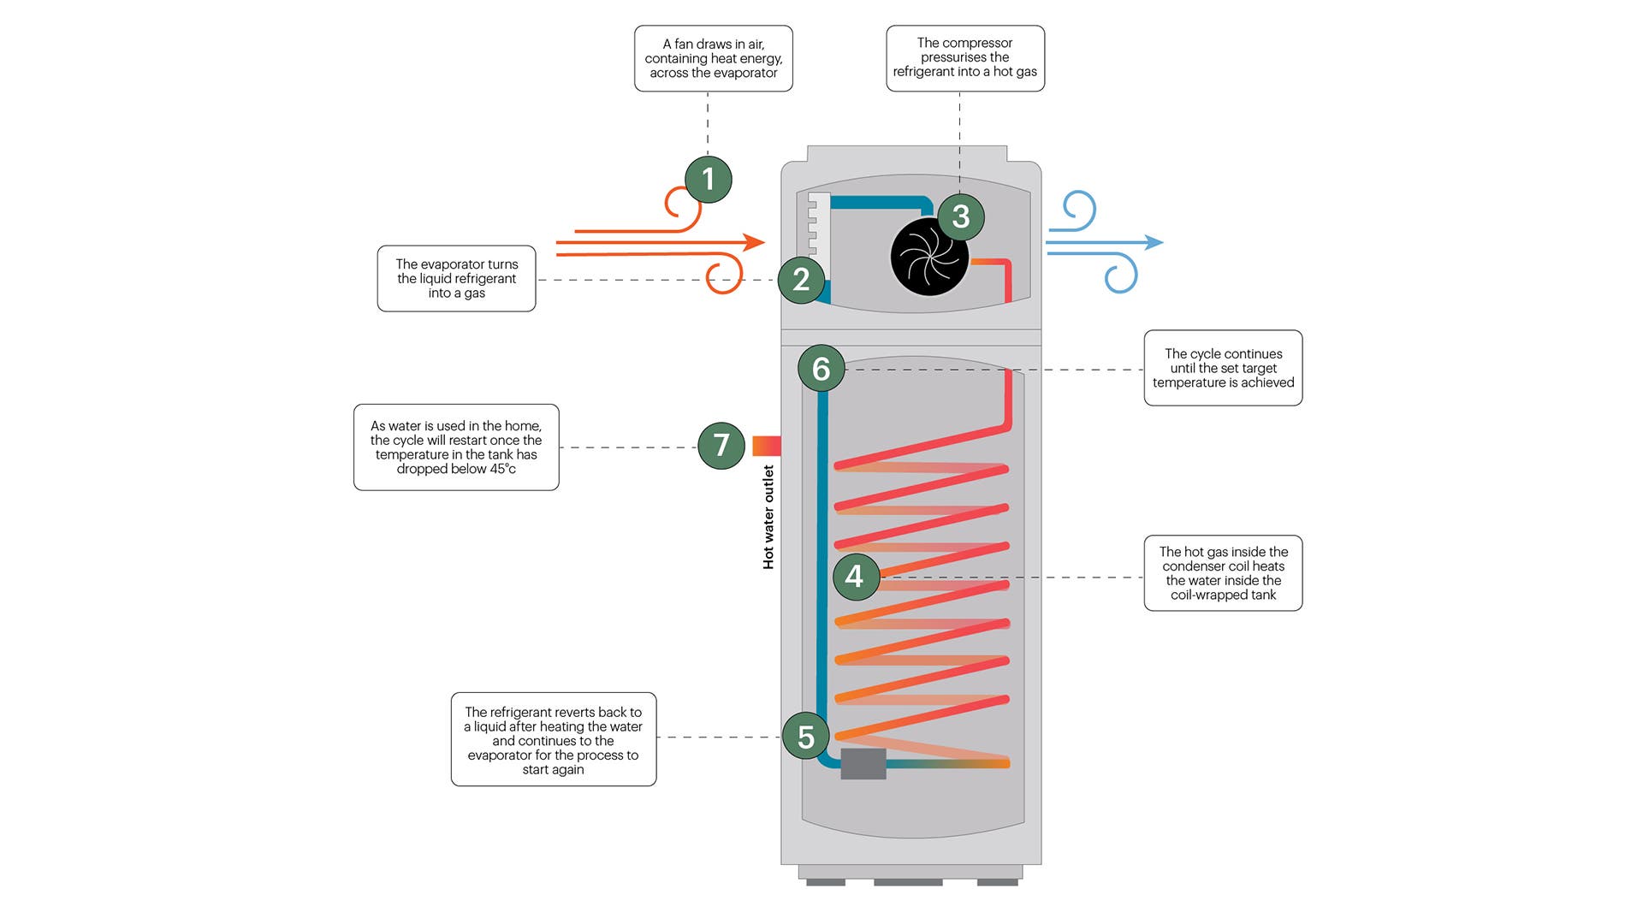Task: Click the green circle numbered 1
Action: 709,179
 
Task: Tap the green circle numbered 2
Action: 801,279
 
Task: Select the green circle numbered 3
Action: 960,216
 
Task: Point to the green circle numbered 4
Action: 855,577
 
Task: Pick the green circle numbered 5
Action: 806,737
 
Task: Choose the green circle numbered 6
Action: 821,369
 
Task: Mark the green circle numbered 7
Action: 721,445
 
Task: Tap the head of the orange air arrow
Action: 754,242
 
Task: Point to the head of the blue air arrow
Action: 1154,242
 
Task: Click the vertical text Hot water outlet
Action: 768,517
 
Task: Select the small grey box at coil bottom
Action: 863,764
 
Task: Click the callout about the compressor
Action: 965,58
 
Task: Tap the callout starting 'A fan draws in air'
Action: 714,58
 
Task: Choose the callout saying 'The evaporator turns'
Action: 456,279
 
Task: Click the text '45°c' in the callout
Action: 502,469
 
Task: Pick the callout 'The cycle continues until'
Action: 1223,368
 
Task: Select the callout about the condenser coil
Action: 1223,573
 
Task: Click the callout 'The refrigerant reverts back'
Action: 554,739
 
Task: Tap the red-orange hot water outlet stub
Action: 767,446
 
